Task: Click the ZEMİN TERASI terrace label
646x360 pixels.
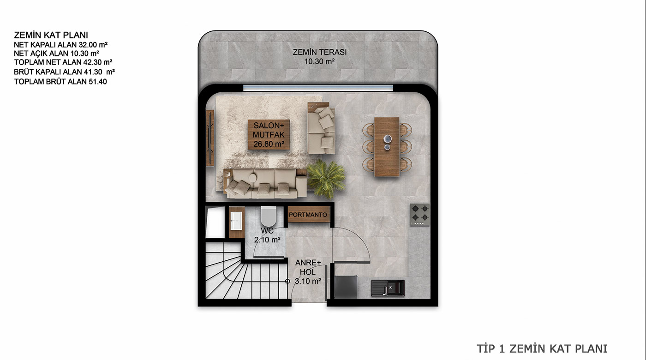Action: [319, 56]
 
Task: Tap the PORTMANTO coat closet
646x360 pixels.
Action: [309, 214]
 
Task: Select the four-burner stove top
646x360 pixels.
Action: [419, 215]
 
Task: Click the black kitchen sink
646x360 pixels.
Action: [388, 288]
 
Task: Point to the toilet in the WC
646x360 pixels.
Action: [268, 216]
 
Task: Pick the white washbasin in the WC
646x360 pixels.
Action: [236, 221]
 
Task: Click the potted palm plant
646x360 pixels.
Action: [326, 179]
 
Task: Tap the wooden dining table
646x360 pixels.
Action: [387, 147]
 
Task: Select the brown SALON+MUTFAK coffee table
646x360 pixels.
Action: [269, 135]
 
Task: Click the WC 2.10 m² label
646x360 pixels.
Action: [267, 235]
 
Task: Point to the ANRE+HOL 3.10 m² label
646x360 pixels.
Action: [308, 272]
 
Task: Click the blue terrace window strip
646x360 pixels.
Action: [318, 88]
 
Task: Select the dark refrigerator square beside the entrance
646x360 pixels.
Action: [346, 287]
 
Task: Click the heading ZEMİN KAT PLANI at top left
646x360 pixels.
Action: [51, 35]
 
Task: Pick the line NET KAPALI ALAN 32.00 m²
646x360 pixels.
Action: [60, 45]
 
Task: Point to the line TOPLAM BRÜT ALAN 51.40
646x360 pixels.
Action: [60, 82]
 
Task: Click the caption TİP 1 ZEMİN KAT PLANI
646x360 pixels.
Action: [542, 348]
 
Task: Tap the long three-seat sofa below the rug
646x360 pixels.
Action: [265, 183]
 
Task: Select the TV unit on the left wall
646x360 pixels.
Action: [210, 138]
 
